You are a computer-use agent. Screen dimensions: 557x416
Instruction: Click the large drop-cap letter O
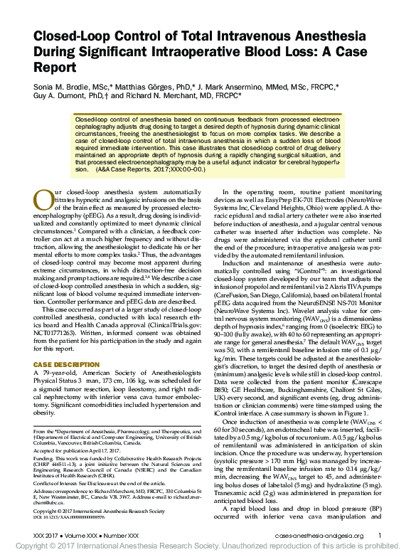(x=42, y=199)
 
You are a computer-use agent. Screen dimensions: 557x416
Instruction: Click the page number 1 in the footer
(x=379, y=536)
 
